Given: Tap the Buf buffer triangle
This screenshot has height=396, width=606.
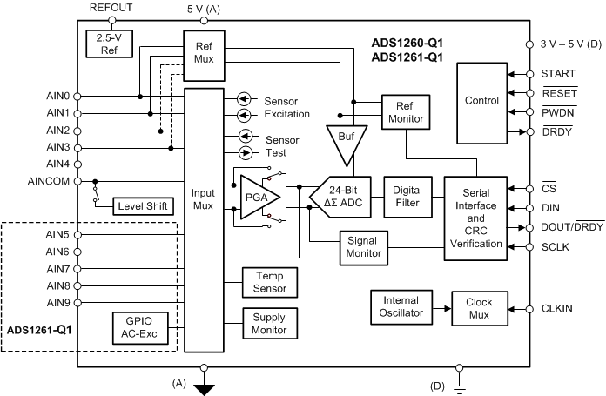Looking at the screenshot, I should point(347,140).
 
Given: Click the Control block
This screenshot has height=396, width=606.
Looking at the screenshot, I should point(481,102).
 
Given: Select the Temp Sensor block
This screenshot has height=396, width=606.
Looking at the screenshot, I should point(269,281).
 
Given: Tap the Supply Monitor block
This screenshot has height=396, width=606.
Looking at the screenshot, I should point(269,325).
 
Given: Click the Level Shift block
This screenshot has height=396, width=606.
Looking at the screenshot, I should point(143,206).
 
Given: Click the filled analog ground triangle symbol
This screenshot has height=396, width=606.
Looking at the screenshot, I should point(204,389).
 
